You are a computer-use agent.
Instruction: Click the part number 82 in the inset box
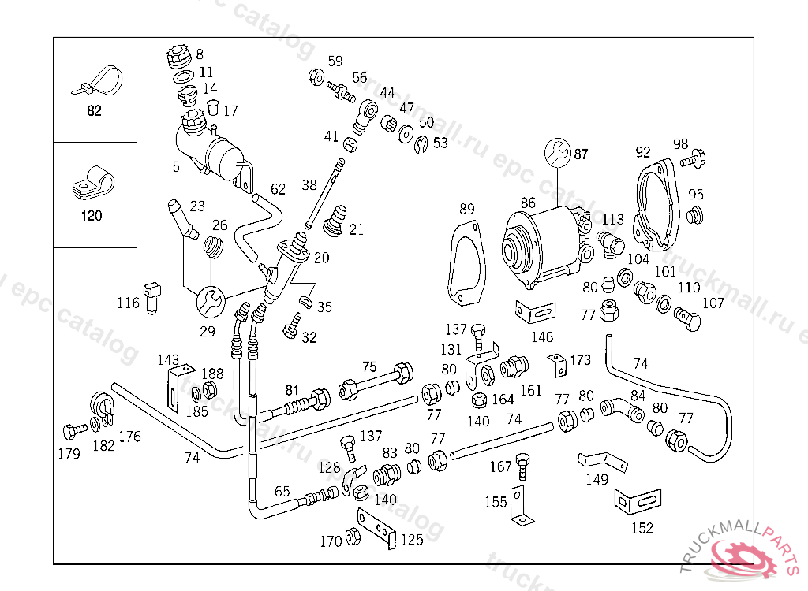point(94,111)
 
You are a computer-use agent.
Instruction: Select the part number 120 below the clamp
point(92,216)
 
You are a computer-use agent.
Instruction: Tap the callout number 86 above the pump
point(528,203)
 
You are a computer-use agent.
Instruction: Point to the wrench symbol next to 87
point(559,153)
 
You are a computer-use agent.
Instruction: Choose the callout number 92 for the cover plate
point(643,152)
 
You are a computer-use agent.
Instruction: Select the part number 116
point(128,303)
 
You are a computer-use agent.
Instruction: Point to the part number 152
point(642,528)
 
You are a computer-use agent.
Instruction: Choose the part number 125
point(412,540)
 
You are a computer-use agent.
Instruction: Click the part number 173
point(580,360)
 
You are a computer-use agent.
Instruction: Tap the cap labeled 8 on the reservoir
point(178,58)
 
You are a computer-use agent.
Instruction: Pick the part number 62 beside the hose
point(278,189)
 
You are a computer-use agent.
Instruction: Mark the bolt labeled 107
point(687,320)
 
